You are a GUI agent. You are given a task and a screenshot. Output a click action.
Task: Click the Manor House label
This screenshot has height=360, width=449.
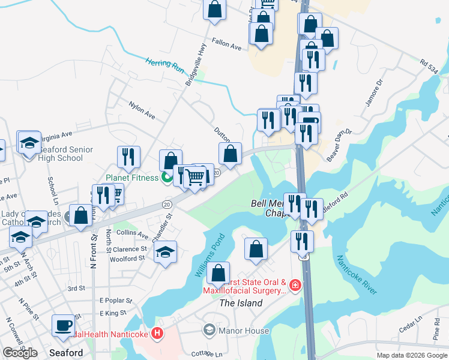(243, 330)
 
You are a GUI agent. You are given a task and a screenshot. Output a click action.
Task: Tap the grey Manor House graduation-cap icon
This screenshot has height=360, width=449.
(209, 329)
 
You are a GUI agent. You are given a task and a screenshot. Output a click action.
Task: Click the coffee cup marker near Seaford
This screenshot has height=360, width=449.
(63, 325)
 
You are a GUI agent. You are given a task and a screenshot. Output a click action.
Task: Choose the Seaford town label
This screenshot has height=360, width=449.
(65, 353)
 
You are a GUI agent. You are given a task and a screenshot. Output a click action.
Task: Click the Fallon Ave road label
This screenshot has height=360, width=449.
(226, 46)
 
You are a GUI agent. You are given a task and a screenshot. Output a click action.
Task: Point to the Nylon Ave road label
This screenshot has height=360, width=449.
(142, 109)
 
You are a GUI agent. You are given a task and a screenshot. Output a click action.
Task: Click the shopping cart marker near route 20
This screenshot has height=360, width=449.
(195, 177)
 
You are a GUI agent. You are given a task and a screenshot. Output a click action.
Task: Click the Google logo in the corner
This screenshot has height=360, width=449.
(20, 353)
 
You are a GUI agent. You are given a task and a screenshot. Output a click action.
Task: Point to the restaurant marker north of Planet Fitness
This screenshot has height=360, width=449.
(128, 157)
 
